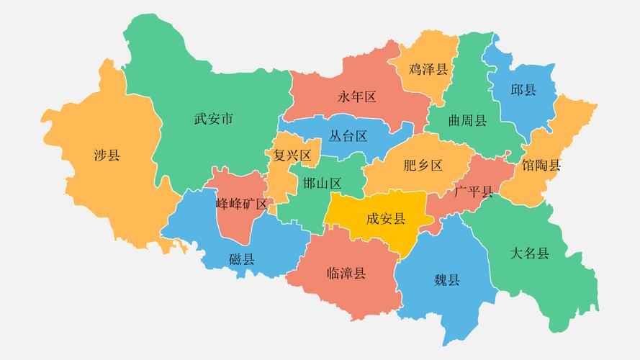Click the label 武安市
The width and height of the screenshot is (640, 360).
point(214,120)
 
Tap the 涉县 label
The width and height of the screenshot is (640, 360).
point(107,155)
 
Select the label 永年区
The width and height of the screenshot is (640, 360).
point(357,97)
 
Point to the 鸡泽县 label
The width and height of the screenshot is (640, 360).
point(428,69)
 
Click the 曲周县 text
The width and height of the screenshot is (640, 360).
point(467,120)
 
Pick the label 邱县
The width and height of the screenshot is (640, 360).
point(523,90)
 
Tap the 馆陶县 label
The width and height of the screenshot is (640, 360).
point(541,165)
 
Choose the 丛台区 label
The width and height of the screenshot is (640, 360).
point(348,136)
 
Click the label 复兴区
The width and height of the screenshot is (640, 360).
point(292,156)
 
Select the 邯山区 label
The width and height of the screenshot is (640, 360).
point(322,182)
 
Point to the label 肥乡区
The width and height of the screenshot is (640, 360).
point(423,166)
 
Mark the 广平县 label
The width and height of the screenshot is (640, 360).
point(474,192)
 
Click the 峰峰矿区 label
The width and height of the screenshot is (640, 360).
point(241,204)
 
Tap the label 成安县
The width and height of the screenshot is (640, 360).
point(386,219)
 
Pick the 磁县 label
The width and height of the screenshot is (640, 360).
point(242,259)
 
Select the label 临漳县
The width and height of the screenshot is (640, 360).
point(346,273)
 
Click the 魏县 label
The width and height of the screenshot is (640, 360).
point(446,280)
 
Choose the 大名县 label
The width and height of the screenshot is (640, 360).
point(530,253)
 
